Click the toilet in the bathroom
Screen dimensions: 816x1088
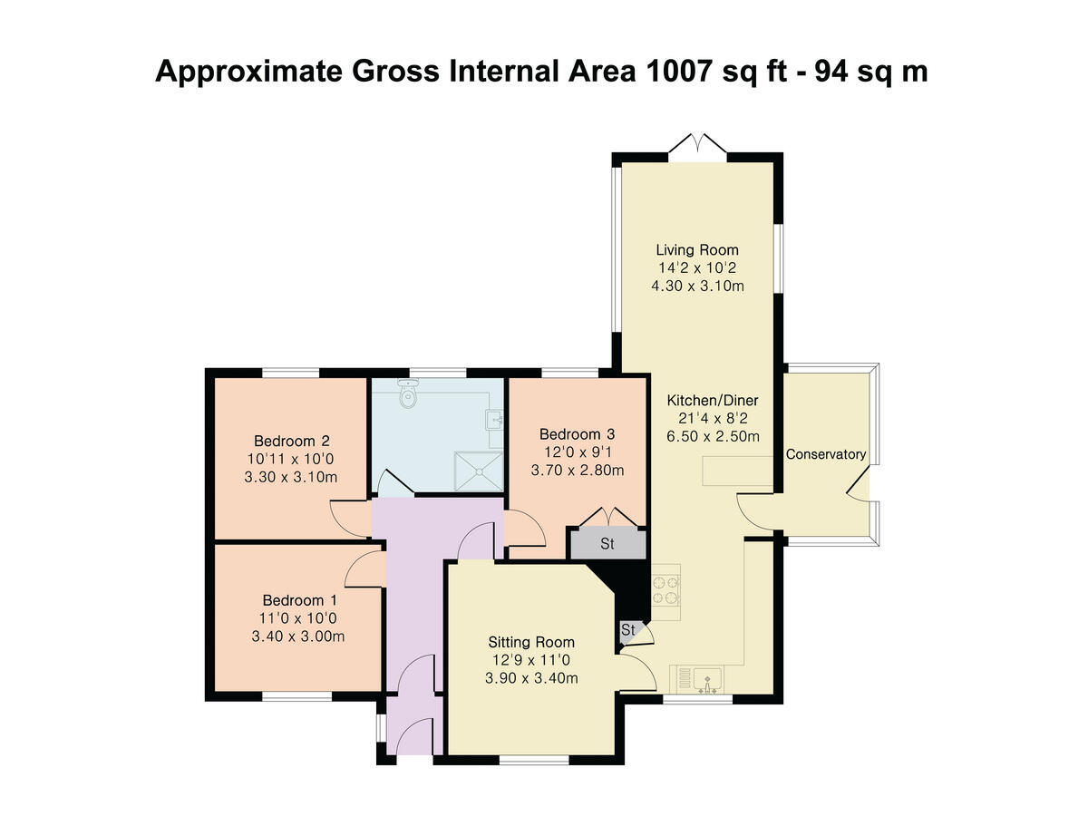point(408,394)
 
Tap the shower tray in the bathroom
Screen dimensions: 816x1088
point(479,469)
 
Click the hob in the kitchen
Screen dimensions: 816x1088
point(665,587)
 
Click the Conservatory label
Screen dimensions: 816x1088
point(825,454)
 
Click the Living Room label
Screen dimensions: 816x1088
point(696,249)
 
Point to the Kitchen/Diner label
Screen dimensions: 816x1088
point(712,400)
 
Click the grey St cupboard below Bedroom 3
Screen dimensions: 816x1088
point(607,545)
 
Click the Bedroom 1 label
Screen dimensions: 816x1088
point(299,600)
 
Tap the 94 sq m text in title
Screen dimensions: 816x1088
point(871,71)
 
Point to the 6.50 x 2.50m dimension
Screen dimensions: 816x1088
point(712,436)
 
